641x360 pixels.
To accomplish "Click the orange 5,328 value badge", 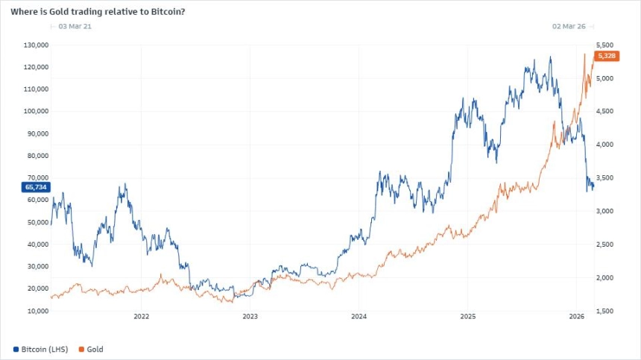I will coord(605,56).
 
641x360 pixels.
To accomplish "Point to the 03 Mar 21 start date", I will coord(75,26).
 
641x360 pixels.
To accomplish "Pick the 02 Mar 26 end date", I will coord(568,26).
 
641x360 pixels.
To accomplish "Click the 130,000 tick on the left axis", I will coord(37,45).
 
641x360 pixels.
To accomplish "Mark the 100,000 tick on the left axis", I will coord(37,111).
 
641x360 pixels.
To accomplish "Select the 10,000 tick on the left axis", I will coord(38,311).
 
